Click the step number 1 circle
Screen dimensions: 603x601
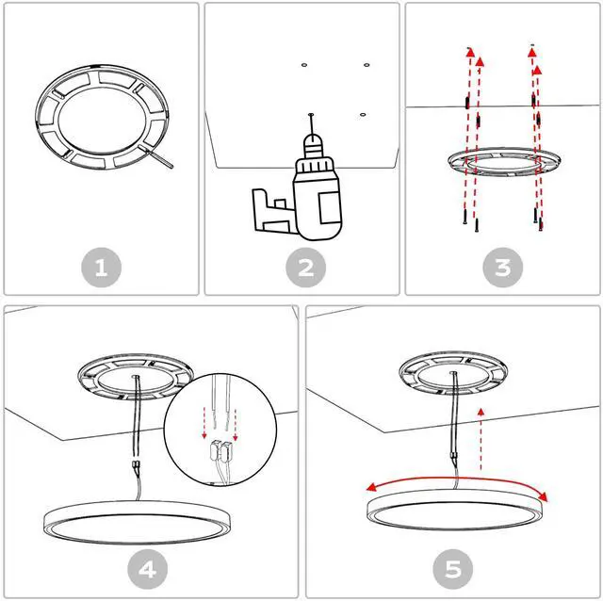click(101, 268)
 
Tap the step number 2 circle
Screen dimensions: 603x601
click(305, 268)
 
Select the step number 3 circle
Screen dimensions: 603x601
click(502, 268)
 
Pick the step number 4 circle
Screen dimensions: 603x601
click(148, 569)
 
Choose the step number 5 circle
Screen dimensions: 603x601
click(452, 569)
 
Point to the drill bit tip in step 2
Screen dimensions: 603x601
click(311, 114)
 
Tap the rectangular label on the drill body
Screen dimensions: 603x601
click(329, 208)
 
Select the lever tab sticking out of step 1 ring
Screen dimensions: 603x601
click(157, 156)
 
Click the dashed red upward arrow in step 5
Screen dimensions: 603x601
click(481, 439)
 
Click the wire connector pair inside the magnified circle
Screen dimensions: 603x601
click(220, 450)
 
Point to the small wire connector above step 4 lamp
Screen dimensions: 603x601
click(136, 464)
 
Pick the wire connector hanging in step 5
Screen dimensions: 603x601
click(454, 457)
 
